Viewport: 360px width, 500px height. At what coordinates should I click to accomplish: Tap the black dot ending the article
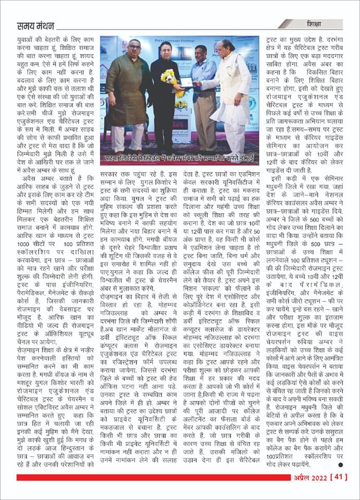(340, 465)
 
